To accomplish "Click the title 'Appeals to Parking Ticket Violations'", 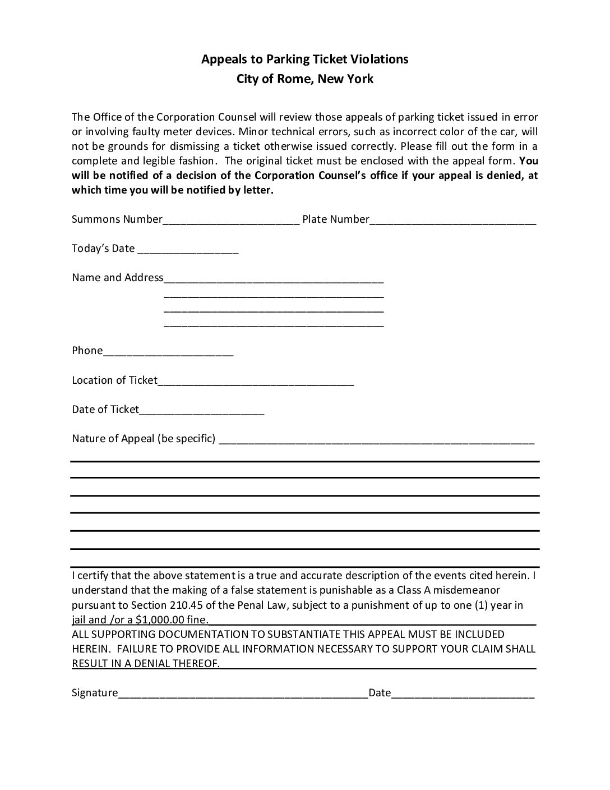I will [x=304, y=59].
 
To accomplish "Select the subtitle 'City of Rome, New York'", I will [x=304, y=79].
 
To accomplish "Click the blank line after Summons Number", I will [x=231, y=221].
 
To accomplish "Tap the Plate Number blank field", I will [x=452, y=221].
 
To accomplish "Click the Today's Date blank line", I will [x=188, y=250].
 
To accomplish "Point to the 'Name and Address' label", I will [x=117, y=277].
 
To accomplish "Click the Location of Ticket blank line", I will [x=256, y=382].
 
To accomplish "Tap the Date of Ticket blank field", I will [x=202, y=411].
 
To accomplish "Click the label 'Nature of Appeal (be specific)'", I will [x=144, y=438].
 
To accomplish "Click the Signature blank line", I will [x=243, y=694].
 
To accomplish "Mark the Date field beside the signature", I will [x=463, y=694].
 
